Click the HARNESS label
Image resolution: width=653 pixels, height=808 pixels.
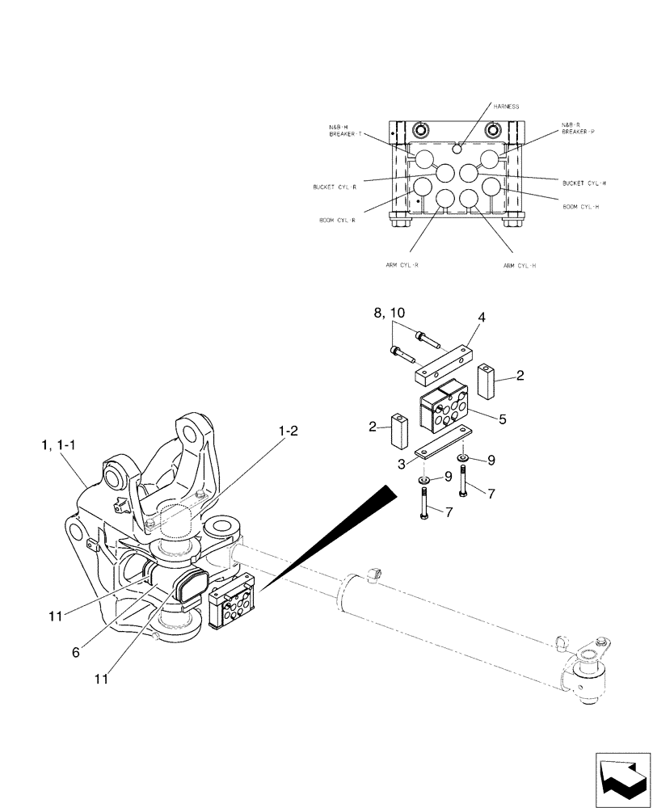(508, 106)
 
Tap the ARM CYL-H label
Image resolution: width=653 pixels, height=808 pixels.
(520, 264)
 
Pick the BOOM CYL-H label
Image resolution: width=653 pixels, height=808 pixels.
(581, 207)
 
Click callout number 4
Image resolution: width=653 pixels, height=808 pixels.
(481, 318)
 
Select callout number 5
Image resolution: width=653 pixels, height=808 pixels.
(502, 419)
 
